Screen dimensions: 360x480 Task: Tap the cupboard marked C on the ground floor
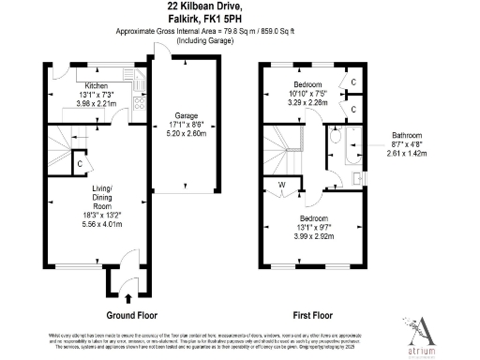point(82,164)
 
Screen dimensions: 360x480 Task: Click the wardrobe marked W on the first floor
point(281,184)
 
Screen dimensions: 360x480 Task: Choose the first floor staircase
point(283,143)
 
